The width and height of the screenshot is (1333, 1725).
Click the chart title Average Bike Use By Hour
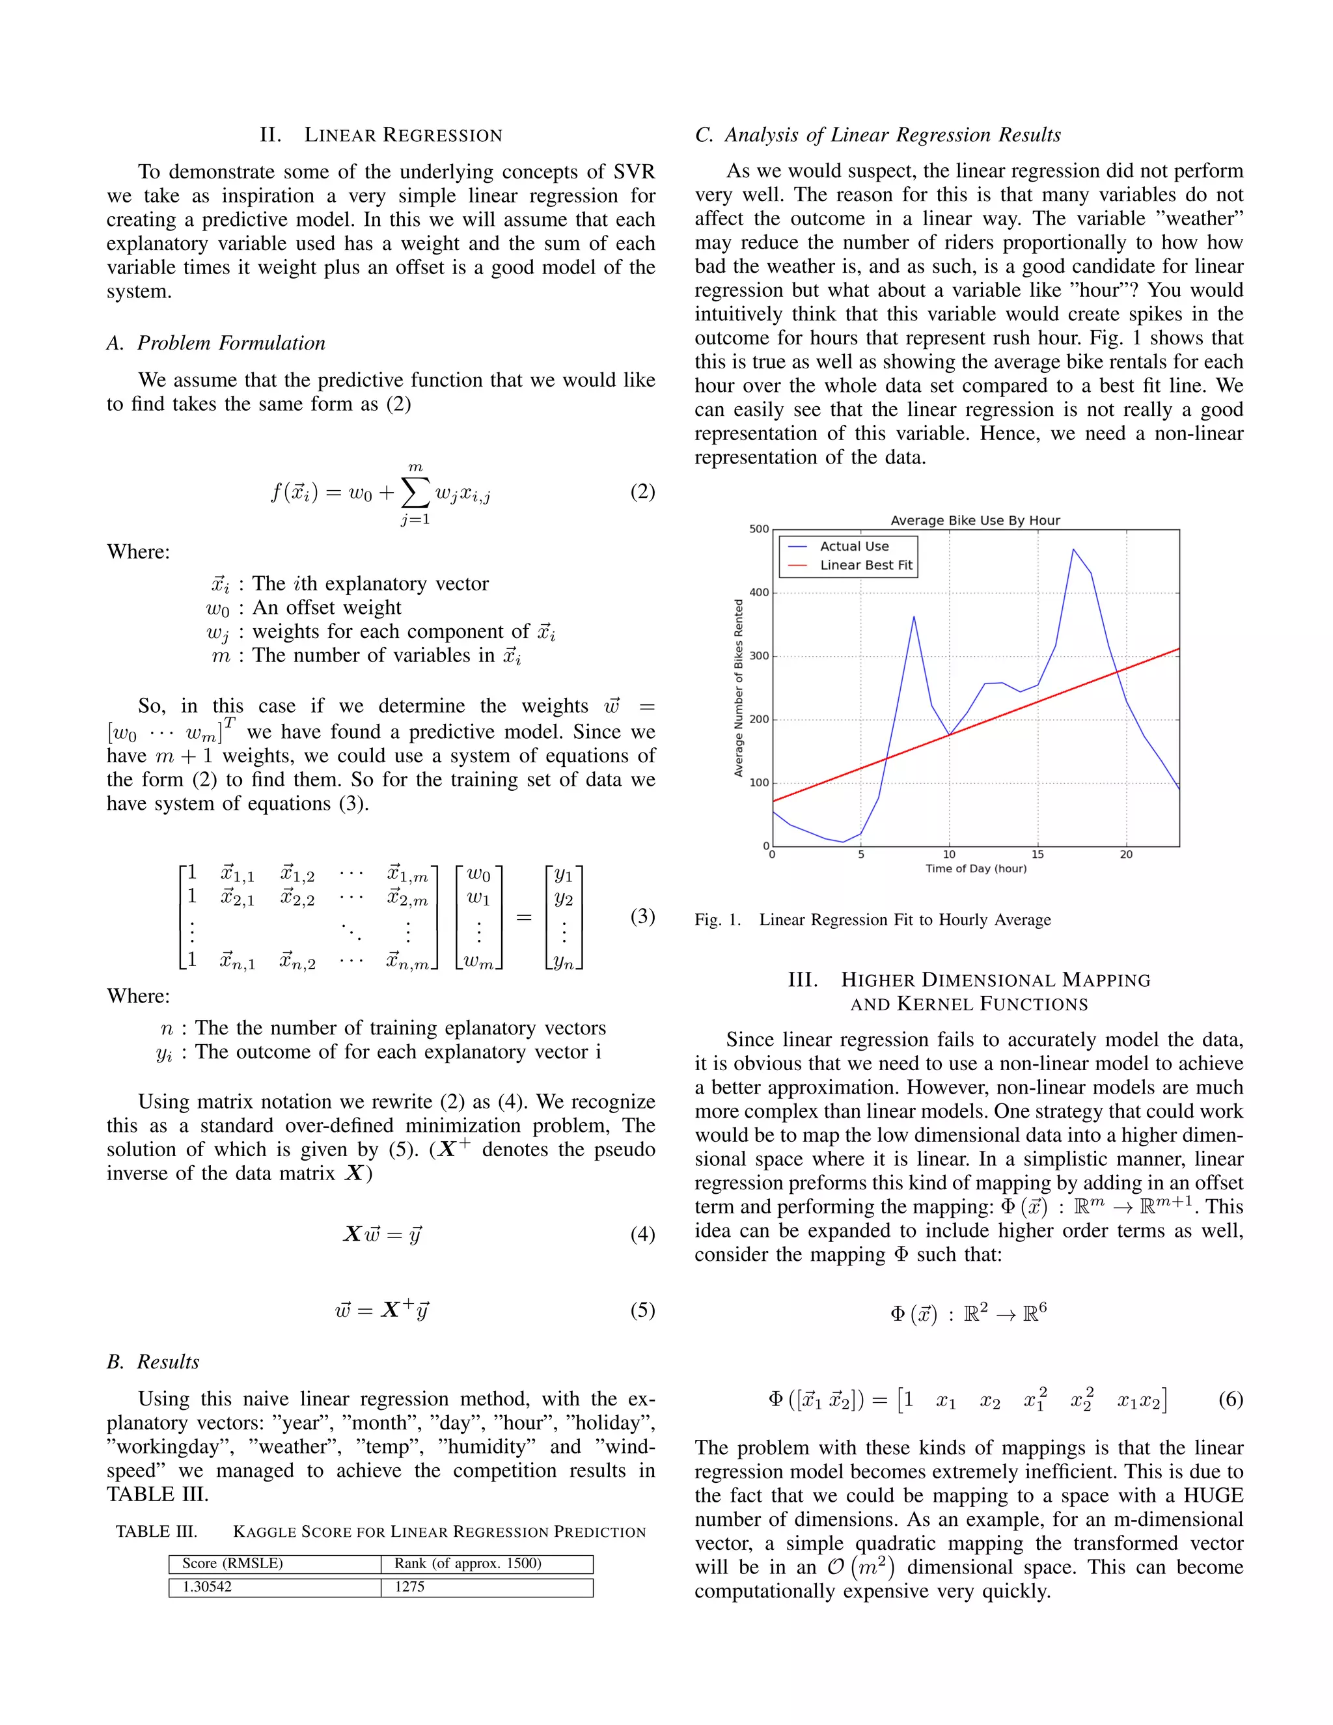(x=974, y=521)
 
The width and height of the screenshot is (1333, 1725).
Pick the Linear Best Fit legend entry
(x=866, y=566)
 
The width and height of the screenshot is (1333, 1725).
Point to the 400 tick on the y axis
(x=759, y=592)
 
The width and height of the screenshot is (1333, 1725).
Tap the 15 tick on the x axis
(x=1037, y=855)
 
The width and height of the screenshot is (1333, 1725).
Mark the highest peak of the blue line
(x=1073, y=549)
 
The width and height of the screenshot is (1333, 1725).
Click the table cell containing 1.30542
(x=207, y=1587)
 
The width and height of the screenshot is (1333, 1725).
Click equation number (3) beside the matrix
(x=642, y=917)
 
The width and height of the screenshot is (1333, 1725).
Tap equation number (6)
(x=1230, y=1400)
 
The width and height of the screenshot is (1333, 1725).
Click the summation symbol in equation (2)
(x=415, y=493)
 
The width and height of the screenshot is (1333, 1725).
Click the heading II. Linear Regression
(x=381, y=135)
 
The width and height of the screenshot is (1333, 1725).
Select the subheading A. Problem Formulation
(x=215, y=343)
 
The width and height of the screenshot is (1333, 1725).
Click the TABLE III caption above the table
(x=381, y=1532)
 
